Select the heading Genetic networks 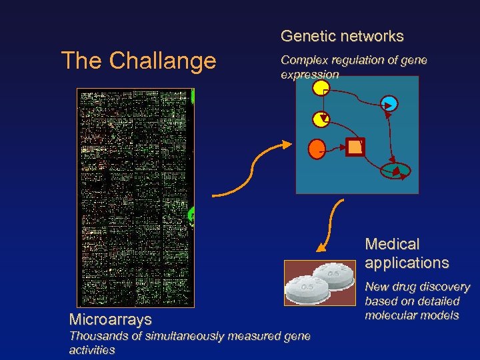pyautogui.click(x=342, y=36)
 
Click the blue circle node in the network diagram pyautogui.click(x=389, y=103)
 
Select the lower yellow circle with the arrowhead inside pyautogui.click(x=321, y=119)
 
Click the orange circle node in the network pyautogui.click(x=317, y=148)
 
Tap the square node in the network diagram pyautogui.click(x=355, y=147)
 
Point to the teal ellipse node pyautogui.click(x=397, y=171)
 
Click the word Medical pyautogui.click(x=393, y=245)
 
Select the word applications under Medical pyautogui.click(x=407, y=263)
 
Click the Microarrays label pyautogui.click(x=110, y=320)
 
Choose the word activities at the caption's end pyautogui.click(x=92, y=350)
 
